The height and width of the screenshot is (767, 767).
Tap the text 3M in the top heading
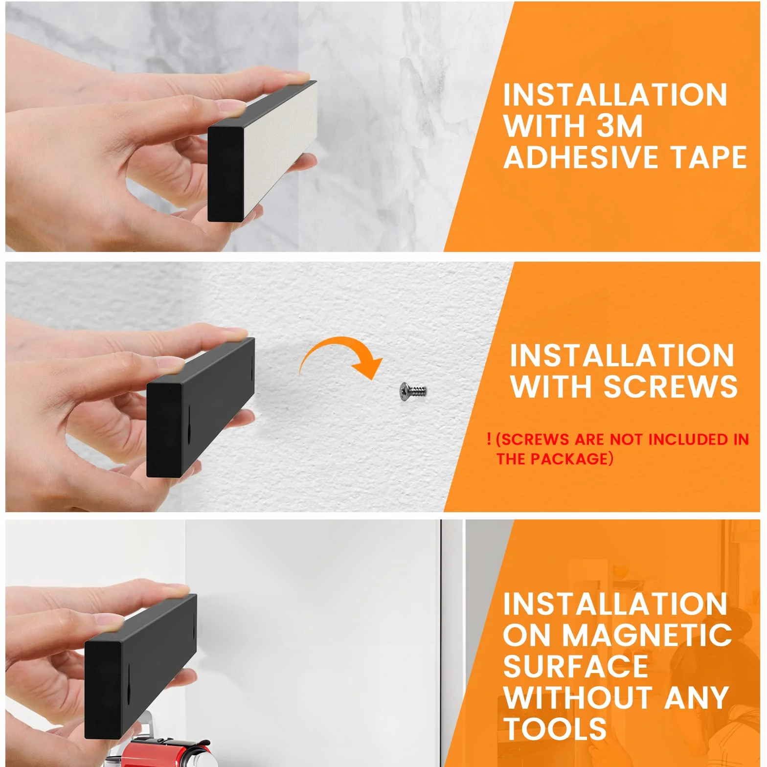(x=619, y=126)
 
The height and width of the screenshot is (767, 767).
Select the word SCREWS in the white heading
(x=670, y=386)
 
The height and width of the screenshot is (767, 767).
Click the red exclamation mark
(x=489, y=439)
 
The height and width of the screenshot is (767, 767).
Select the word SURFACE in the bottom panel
(x=576, y=666)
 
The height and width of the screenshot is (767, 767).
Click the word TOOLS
(x=555, y=728)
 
